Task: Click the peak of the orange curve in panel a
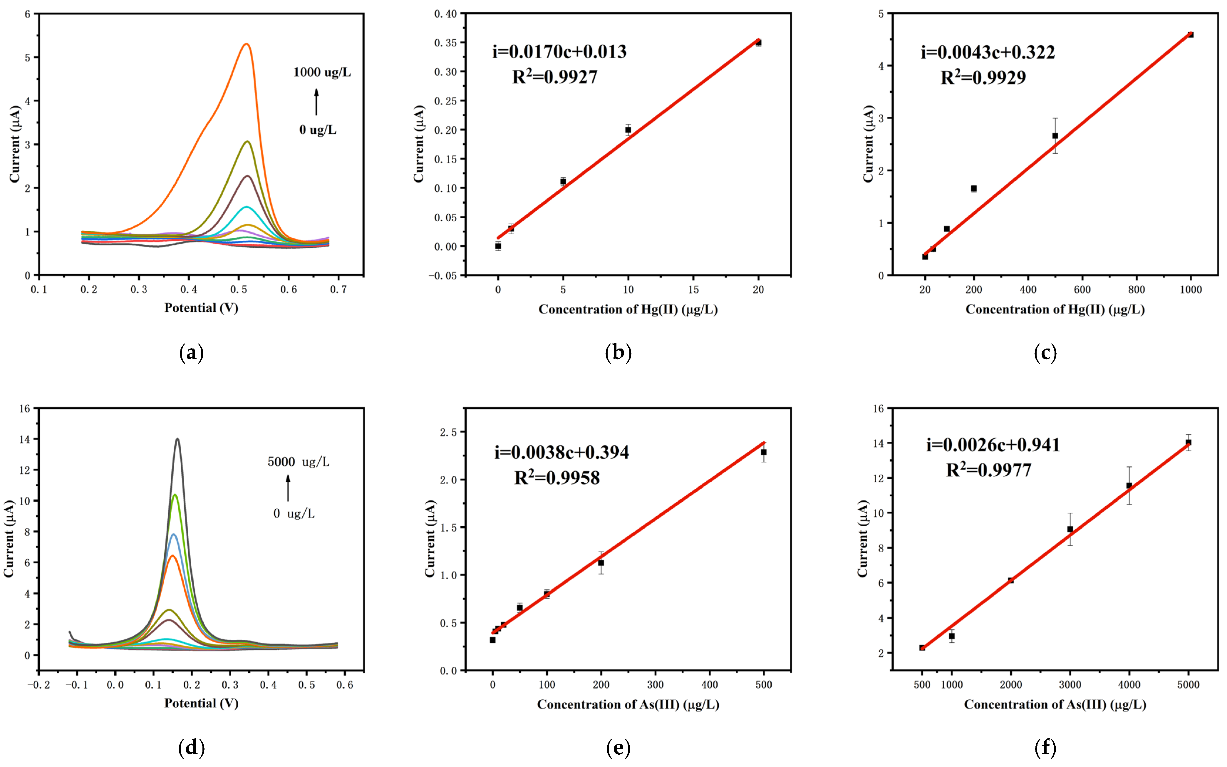click(247, 44)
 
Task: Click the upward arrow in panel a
click(316, 101)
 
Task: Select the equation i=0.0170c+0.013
click(559, 52)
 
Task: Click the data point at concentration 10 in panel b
click(628, 130)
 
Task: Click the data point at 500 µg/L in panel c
click(1055, 136)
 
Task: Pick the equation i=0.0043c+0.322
click(988, 52)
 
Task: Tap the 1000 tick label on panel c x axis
click(1191, 290)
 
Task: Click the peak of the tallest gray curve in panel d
click(177, 439)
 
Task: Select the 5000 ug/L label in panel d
click(299, 462)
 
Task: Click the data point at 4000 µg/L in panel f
click(1129, 485)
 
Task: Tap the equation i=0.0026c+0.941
click(993, 445)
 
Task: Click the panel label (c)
click(1045, 353)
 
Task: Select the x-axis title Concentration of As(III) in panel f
click(1055, 704)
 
